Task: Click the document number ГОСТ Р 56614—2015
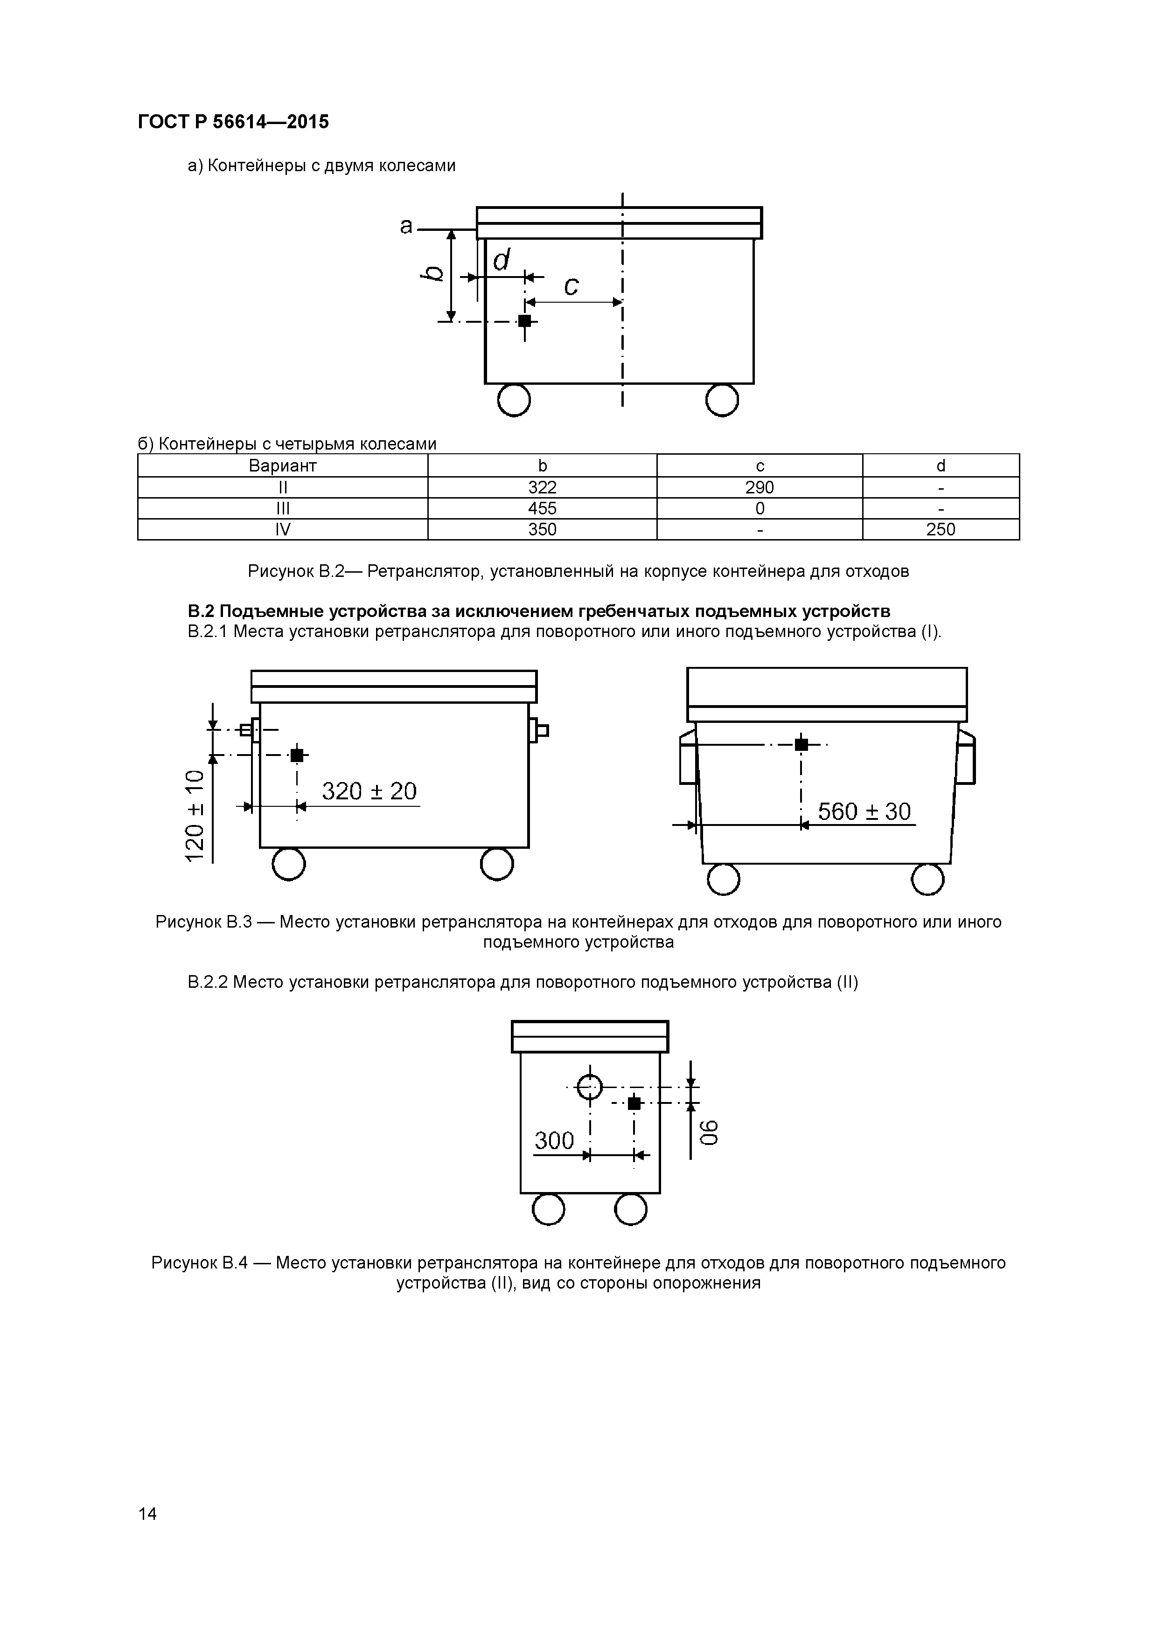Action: tap(233, 122)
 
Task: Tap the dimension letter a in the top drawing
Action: tap(406, 226)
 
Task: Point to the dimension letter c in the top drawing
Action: tap(571, 286)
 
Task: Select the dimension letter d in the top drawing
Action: tap(502, 260)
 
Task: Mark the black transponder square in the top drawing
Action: tap(525, 321)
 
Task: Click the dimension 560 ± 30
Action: tap(864, 811)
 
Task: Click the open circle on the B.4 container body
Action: tap(590, 1087)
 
